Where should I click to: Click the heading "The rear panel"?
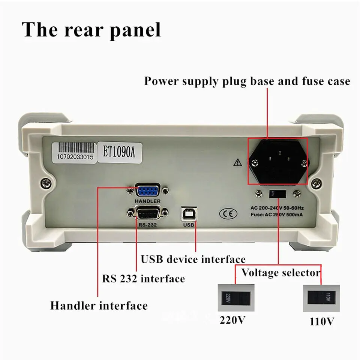(91, 30)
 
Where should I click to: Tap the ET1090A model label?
(119, 151)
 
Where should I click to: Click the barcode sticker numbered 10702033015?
(75, 151)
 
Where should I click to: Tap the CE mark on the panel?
(228, 214)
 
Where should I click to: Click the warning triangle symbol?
(238, 162)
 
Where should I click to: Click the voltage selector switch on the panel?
(278, 194)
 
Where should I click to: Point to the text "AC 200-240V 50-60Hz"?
(277, 207)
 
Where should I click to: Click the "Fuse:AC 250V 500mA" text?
(277, 214)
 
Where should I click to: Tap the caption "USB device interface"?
(193, 259)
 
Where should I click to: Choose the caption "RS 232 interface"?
(144, 279)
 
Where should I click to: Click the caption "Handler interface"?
(99, 305)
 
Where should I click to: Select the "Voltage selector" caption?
(281, 272)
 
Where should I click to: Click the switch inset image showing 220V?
(236, 298)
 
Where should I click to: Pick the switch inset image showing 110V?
(321, 299)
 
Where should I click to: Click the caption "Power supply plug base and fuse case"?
(247, 81)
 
